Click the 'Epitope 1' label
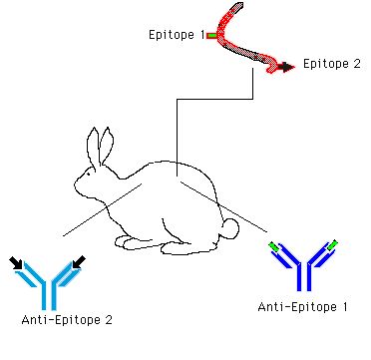click(x=177, y=35)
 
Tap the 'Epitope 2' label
click(x=332, y=64)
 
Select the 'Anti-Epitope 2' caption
click(x=67, y=320)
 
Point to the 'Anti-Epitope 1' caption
click(x=302, y=307)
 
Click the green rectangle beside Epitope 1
click(x=211, y=35)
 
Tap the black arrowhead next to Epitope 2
click(x=286, y=67)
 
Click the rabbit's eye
click(x=89, y=174)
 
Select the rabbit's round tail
click(x=230, y=228)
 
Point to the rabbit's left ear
click(x=94, y=147)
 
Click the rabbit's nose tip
click(x=76, y=183)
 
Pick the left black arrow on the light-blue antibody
click(x=16, y=262)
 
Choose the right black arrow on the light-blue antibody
click(x=79, y=262)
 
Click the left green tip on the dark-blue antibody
click(x=273, y=246)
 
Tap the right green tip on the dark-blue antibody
click(x=332, y=244)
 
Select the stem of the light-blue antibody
click(x=49, y=295)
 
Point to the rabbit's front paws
click(x=133, y=242)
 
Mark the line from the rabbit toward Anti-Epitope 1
click(x=223, y=206)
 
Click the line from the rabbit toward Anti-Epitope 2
click(x=103, y=210)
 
